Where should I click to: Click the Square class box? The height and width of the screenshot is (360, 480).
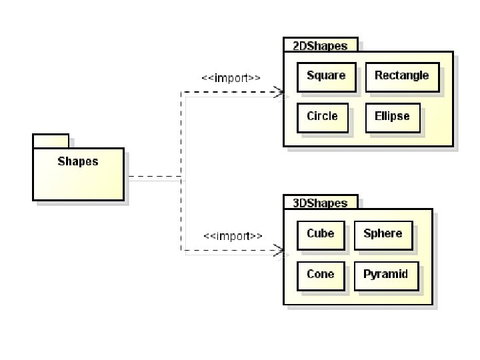pos(326,77)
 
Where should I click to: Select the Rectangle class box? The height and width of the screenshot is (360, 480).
pos(402,77)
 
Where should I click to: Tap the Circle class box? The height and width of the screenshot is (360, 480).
pos(322,118)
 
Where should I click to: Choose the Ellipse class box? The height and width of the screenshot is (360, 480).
pos(393,118)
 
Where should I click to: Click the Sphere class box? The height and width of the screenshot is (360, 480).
pos(383,235)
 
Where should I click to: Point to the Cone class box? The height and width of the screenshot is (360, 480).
pos(320,276)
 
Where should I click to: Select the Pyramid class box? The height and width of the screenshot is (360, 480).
pos(386,276)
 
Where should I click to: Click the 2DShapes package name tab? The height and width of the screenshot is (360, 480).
pos(320,45)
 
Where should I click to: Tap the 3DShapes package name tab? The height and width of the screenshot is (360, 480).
pos(320,203)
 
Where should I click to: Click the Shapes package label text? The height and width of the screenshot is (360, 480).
pos(77,161)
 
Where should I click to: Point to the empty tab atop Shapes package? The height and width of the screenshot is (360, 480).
pos(51,141)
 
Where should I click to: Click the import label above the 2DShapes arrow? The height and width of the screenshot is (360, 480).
pos(231,78)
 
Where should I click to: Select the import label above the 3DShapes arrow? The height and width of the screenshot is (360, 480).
pos(233,236)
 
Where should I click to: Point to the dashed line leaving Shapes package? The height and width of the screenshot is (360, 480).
pos(153,177)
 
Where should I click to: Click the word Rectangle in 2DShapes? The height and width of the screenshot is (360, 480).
pos(401,75)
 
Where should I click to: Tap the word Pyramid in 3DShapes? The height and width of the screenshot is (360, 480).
pos(385,274)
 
